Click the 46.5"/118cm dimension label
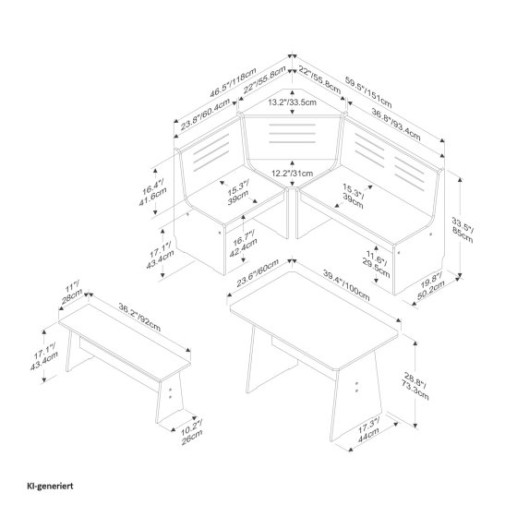tap(233, 82)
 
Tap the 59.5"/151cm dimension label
tap(368, 92)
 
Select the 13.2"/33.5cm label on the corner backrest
tap(292, 102)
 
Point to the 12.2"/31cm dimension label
tap(292, 174)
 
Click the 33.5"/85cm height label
tap(463, 230)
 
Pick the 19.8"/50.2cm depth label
tap(430, 284)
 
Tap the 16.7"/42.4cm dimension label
tap(244, 245)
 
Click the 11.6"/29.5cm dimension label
tap(377, 264)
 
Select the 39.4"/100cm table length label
tap(346, 285)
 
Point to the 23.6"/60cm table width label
tap(258, 273)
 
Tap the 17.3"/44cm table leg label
tap(368, 429)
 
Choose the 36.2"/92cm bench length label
tap(139, 318)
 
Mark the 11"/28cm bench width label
tap(72, 292)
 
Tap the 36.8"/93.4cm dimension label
tap(396, 125)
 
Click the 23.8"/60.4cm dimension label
tap(206, 114)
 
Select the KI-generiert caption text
tap(50, 486)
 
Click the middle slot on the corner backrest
tap(292, 134)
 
